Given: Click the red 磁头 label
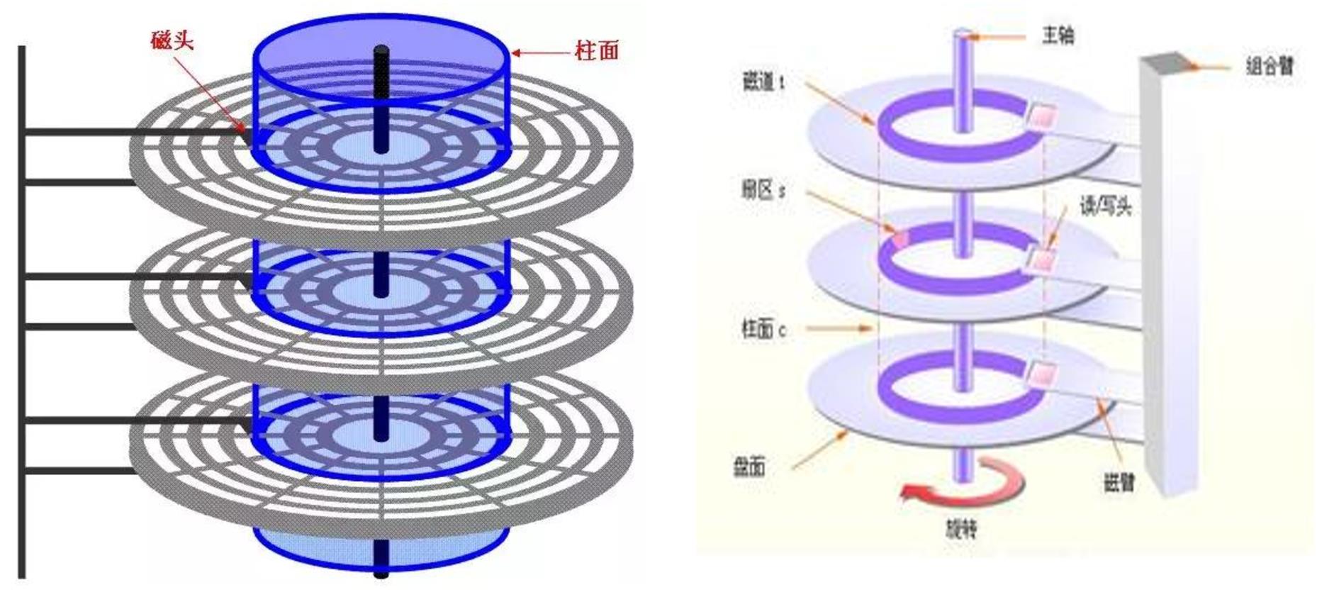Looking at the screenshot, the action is click(172, 40).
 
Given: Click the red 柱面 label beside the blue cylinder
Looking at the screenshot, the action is click(597, 51).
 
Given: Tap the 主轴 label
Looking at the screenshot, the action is click(1058, 35).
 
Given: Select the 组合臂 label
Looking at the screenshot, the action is click(1269, 66).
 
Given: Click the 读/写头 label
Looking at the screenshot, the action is click(1105, 206).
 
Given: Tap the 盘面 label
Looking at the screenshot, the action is click(749, 467).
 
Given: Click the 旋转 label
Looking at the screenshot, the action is click(961, 529).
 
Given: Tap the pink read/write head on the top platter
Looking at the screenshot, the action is click(1041, 116).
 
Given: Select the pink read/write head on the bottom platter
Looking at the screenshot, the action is click(1041, 372).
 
